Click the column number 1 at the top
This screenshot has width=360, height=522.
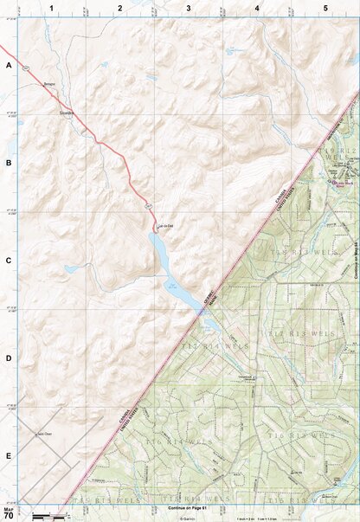52,7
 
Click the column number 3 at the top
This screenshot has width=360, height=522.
188,7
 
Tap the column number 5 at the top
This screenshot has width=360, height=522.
325,7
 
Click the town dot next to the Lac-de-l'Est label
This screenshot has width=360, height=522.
156,227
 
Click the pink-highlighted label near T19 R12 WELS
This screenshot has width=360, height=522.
344,184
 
